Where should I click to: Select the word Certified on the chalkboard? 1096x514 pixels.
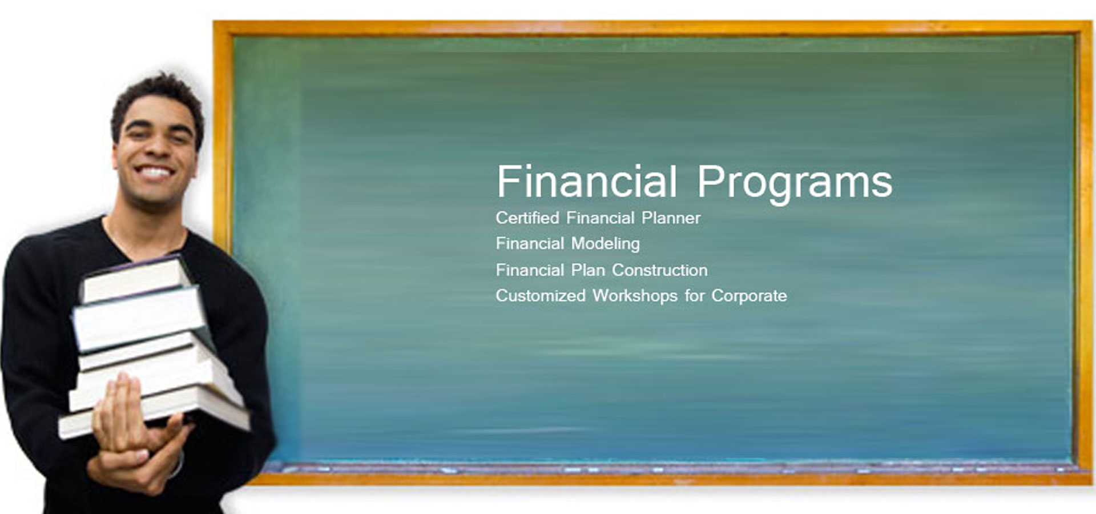527,218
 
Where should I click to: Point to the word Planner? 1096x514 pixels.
671,218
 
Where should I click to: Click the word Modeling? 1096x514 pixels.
605,244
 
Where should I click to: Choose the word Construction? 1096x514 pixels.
660,270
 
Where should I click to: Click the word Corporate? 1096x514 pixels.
749,296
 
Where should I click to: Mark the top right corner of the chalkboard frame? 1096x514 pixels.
1091,22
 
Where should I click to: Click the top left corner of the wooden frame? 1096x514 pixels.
215,22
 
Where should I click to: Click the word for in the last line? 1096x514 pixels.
695,296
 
